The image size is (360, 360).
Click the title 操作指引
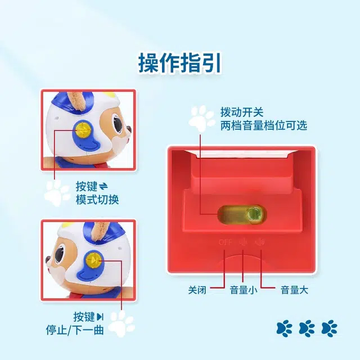tap(180, 63)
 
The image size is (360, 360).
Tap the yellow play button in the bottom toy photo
tap(93, 260)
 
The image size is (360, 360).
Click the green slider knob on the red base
tap(254, 214)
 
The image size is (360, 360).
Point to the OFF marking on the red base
tap(225, 242)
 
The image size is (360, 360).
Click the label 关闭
tap(197, 290)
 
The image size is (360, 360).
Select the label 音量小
tap(244, 290)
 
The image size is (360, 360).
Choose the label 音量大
tap(294, 290)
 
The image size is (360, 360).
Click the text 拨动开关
tap(242, 112)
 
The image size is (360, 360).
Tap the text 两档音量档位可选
tap(264, 125)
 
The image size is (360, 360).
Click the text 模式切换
tap(97, 199)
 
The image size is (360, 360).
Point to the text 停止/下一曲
tap(75, 330)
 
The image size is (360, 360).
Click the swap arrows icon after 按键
tap(103, 186)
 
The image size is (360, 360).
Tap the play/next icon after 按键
tap(100, 317)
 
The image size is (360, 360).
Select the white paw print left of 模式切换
tap(57, 192)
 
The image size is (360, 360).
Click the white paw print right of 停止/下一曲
tap(121, 324)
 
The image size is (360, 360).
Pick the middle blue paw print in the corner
tap(307, 328)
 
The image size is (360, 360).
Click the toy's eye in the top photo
tap(118, 124)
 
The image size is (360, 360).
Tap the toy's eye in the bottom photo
tap(60, 255)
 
